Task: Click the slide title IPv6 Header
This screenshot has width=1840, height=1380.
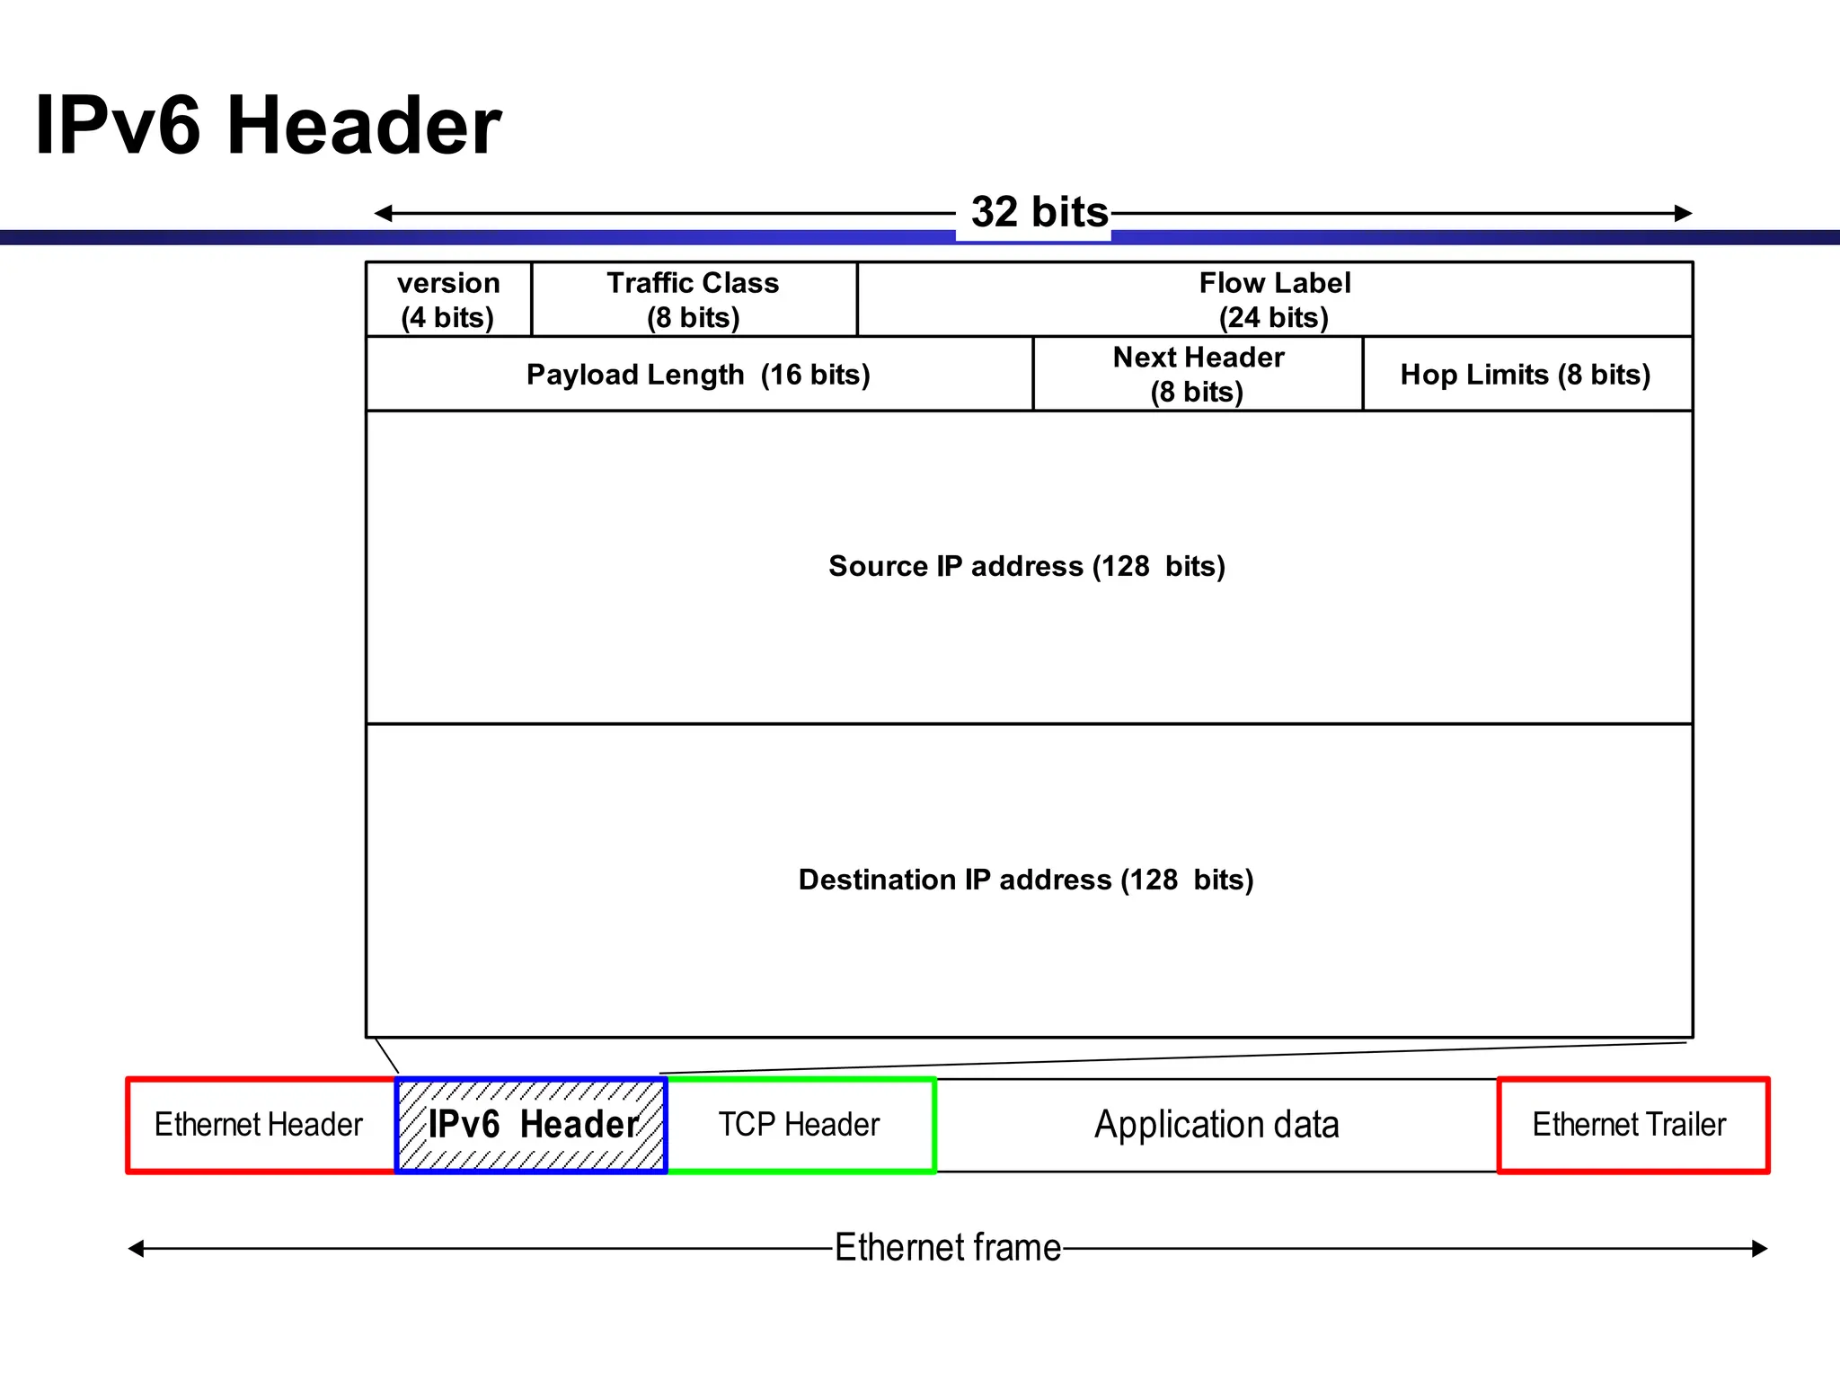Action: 268,126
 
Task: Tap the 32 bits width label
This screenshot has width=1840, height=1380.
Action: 1039,213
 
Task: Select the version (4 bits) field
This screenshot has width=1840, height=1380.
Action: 448,300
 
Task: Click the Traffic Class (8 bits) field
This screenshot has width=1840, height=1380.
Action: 694,300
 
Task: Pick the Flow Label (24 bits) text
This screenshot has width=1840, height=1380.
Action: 1274,300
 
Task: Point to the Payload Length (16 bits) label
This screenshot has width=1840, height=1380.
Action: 698,375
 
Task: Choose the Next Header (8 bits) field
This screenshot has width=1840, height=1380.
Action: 1198,375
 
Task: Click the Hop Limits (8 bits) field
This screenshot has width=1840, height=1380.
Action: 1526,375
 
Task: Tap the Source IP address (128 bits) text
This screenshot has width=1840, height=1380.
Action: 1027,567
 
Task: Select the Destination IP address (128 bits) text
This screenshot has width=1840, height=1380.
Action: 1026,880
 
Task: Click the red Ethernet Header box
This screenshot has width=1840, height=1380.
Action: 260,1125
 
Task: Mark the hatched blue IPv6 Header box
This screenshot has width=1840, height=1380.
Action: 532,1125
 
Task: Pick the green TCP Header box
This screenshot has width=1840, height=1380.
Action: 800,1125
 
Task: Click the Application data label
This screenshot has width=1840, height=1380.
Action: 1216,1125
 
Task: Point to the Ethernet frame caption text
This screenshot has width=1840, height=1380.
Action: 948,1248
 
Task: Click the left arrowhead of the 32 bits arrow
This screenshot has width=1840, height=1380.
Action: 383,213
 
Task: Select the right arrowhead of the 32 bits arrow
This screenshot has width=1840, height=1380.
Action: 1684,213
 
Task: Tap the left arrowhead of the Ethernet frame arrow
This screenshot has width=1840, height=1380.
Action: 136,1248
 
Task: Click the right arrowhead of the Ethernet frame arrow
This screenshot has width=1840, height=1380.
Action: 1759,1248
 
